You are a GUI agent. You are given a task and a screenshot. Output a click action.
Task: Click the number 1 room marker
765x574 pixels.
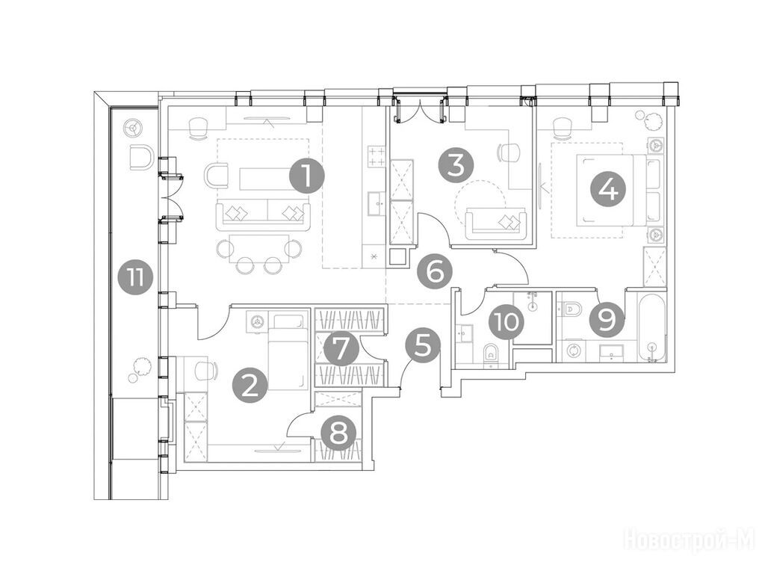pyautogui.click(x=306, y=176)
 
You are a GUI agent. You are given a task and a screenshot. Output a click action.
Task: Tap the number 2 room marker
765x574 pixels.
pyautogui.click(x=250, y=386)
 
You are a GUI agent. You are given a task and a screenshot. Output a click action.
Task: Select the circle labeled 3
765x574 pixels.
pyautogui.click(x=456, y=164)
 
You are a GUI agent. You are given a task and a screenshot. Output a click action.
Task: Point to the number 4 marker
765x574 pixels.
pyautogui.click(x=607, y=189)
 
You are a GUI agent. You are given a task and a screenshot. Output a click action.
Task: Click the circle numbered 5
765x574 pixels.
pyautogui.click(x=423, y=345)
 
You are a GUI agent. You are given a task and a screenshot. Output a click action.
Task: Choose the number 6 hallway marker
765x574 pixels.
pyautogui.click(x=435, y=271)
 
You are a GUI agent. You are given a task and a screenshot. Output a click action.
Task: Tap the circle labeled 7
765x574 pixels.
pyautogui.click(x=341, y=348)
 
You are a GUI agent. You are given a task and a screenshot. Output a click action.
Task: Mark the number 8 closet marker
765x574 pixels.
pyautogui.click(x=338, y=433)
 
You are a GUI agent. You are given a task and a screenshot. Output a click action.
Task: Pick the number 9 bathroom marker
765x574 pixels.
pyautogui.click(x=607, y=320)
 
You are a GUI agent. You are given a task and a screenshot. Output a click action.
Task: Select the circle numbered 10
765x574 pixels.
pyautogui.click(x=507, y=322)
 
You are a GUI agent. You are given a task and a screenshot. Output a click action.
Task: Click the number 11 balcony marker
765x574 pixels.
pyautogui.click(x=135, y=279)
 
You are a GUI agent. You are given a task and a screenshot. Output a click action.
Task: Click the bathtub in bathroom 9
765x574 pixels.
pyautogui.click(x=651, y=327)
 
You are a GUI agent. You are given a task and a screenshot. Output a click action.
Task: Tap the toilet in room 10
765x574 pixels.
pyautogui.click(x=490, y=354)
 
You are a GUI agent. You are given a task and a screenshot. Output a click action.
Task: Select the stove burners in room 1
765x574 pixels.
pyautogui.click(x=376, y=156)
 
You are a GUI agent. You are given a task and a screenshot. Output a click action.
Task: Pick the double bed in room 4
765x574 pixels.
pyautogui.click(x=619, y=191)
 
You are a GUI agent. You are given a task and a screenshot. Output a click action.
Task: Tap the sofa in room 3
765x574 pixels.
pyautogui.click(x=496, y=223)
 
